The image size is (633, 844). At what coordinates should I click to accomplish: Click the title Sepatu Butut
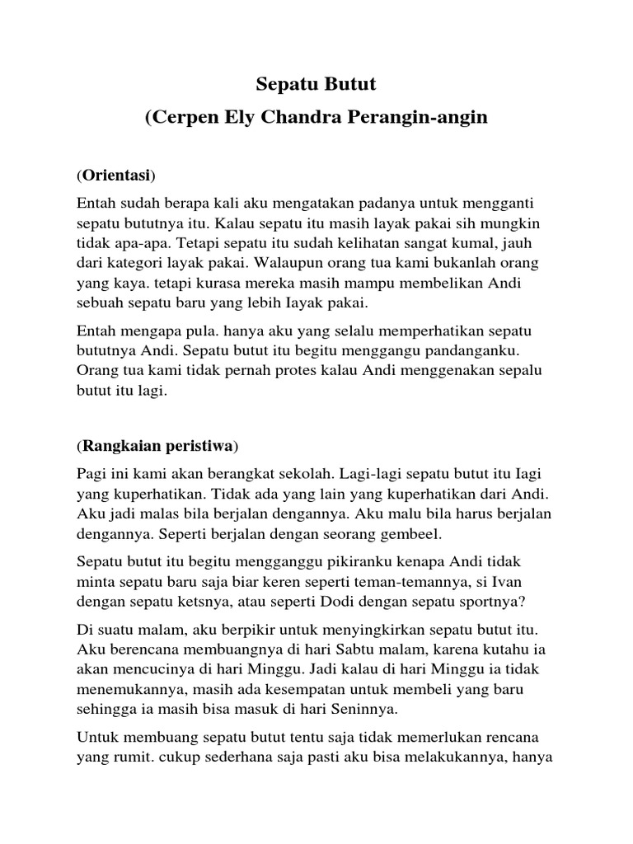[x=316, y=84]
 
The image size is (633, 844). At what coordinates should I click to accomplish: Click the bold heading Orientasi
[x=116, y=176]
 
